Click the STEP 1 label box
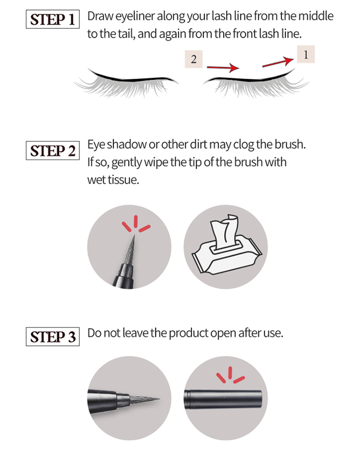click(x=53, y=19)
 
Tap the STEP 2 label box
click(x=53, y=151)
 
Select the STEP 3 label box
click(x=53, y=336)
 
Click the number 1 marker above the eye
click(x=306, y=54)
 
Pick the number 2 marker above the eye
click(x=194, y=59)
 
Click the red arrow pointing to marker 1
click(x=278, y=62)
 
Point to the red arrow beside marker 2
click(x=223, y=68)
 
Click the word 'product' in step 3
click(x=189, y=333)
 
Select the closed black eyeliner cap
click(x=223, y=399)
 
